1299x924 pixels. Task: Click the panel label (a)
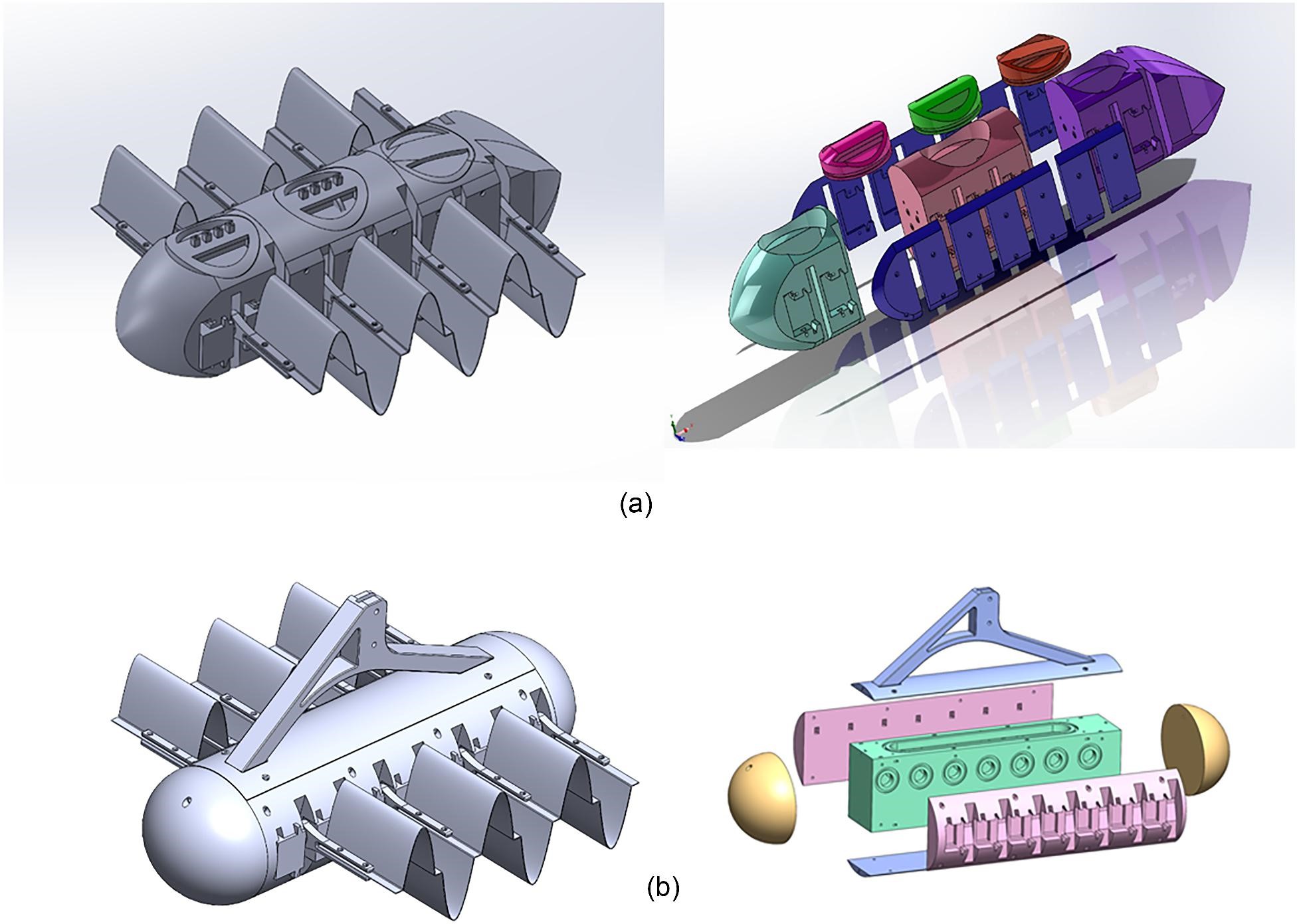tap(635, 506)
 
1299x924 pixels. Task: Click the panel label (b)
tap(662, 887)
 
